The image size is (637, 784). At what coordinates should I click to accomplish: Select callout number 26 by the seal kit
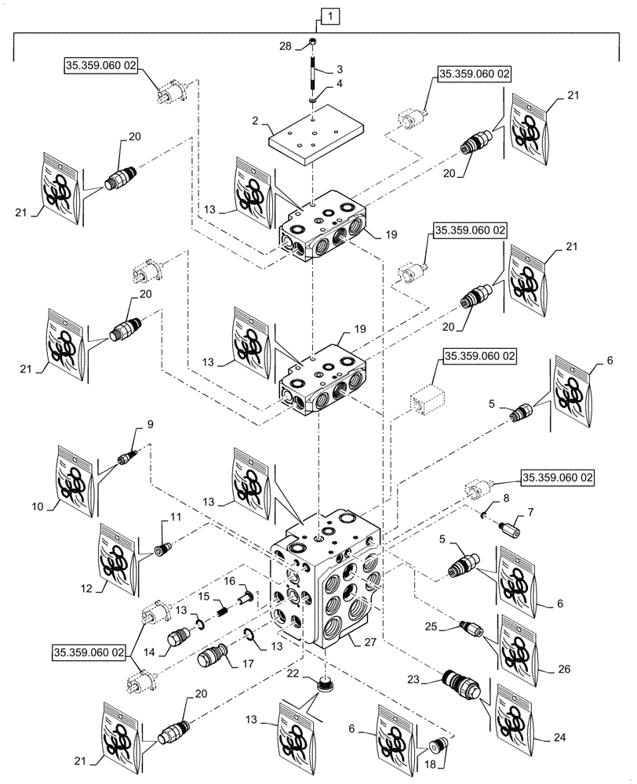pyautogui.click(x=563, y=670)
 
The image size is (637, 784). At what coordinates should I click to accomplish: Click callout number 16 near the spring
pyautogui.click(x=231, y=581)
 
